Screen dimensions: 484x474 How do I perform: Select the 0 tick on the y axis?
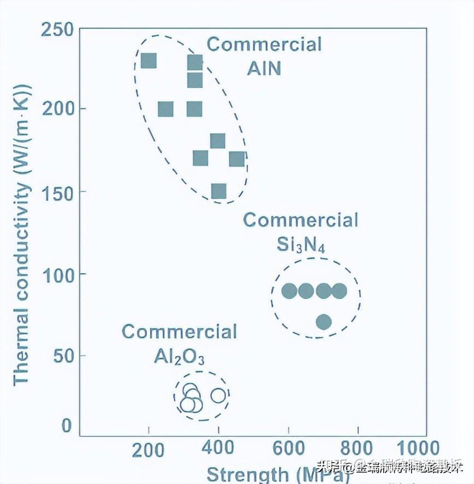click(66, 425)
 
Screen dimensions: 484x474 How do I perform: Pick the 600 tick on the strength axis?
click(288, 448)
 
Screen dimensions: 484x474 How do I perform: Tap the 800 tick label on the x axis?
click(358, 448)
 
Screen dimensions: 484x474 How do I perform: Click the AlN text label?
click(264, 68)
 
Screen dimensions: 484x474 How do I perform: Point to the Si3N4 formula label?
click(300, 244)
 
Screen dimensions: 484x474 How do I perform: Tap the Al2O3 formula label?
click(179, 357)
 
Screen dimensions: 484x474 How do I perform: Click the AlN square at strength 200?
click(149, 61)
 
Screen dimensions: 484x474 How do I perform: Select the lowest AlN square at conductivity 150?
click(218, 191)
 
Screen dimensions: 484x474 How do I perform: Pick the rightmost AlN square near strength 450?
click(236, 159)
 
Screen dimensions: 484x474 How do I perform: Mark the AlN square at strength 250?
click(165, 110)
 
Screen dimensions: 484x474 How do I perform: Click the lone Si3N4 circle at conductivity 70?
click(323, 321)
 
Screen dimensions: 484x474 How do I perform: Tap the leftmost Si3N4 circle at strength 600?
click(289, 291)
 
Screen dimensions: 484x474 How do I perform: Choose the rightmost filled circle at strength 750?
click(339, 291)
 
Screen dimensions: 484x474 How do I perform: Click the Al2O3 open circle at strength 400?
click(218, 395)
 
